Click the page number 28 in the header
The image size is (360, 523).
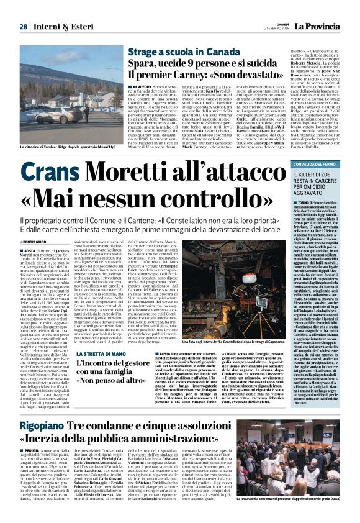(x=23, y=27)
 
